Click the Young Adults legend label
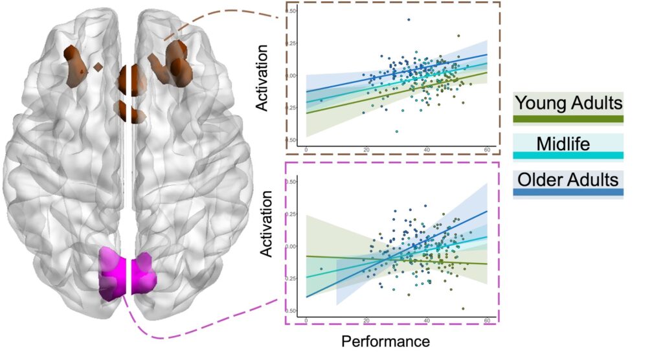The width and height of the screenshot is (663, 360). pos(568,102)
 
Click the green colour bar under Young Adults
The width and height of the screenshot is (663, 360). pos(568,118)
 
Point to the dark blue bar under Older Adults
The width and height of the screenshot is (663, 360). pos(568,192)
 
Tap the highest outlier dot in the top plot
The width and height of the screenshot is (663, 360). pos(409,19)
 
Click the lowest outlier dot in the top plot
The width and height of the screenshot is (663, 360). pos(397,131)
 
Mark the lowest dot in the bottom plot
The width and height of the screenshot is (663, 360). pos(463,309)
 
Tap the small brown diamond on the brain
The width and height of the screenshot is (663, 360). pos(97,66)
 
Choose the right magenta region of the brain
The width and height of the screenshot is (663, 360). pos(144,273)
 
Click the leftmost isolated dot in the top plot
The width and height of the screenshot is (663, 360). pos(321,100)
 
